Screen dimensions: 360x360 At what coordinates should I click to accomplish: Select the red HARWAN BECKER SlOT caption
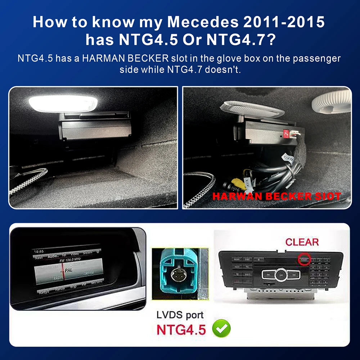276,196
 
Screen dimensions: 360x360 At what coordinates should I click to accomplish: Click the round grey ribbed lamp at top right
331,101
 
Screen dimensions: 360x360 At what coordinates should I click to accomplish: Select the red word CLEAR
302,242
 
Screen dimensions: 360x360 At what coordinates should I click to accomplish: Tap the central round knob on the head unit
281,275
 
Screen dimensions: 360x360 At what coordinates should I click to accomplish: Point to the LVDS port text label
180,315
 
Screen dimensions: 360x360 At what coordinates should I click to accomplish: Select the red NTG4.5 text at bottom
181,329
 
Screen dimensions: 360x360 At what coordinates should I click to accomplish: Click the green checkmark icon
221,328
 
